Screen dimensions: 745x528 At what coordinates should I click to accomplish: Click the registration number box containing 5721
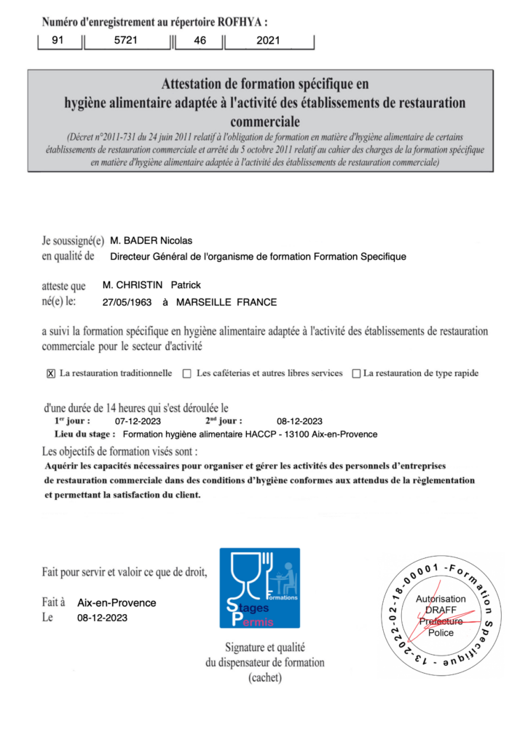point(127,41)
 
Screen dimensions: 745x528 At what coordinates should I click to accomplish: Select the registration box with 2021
point(268,41)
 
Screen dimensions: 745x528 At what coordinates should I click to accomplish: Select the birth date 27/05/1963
point(128,302)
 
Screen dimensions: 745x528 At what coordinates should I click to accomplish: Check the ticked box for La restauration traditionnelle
point(51,374)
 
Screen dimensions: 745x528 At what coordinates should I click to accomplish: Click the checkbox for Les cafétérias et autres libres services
point(187,374)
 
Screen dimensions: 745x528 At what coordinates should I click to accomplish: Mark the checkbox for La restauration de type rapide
point(356,374)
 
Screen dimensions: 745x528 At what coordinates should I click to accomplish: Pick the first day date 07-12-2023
point(138,421)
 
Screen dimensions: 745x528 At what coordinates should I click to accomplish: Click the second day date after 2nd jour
point(300,421)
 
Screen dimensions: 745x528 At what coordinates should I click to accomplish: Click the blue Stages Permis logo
point(259,588)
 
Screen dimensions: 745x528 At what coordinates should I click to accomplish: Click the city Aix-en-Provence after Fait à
point(117,603)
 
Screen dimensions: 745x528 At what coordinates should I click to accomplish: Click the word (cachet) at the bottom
point(264,677)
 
